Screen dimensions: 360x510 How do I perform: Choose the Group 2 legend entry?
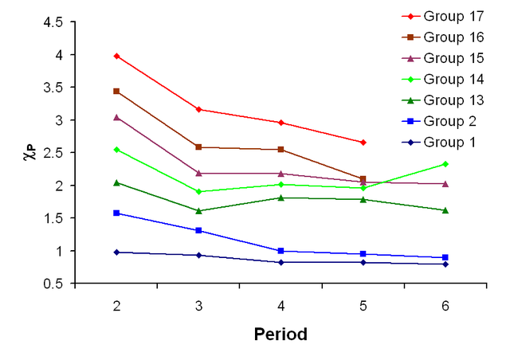click(448, 121)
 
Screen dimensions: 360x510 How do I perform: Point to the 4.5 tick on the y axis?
click(53, 22)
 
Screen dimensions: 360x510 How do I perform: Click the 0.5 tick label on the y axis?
click(53, 284)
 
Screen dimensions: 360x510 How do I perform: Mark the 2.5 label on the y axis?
click(53, 153)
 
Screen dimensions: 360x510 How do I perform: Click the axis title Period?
click(280, 335)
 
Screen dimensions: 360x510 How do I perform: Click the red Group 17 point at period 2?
click(116, 56)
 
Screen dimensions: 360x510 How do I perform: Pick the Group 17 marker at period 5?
click(363, 142)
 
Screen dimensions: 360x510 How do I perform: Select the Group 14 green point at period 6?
click(445, 164)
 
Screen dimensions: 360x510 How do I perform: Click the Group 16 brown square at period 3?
click(198, 147)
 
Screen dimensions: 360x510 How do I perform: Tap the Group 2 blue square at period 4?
click(280, 251)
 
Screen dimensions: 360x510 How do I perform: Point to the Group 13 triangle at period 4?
click(280, 198)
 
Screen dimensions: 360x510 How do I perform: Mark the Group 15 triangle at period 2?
click(116, 117)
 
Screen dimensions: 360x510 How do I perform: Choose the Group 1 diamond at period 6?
click(445, 264)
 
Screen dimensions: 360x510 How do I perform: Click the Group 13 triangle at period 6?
click(445, 210)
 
